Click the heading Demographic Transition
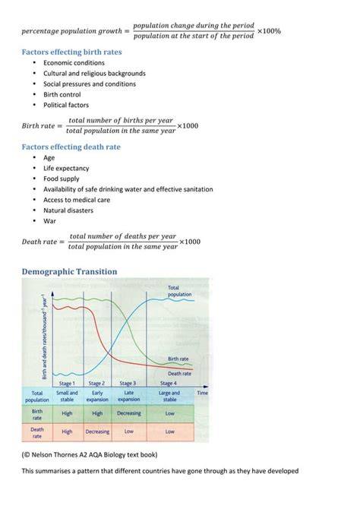click(69, 271)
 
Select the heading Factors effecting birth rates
click(71, 52)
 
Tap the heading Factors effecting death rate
click(71, 147)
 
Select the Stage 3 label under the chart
click(129, 384)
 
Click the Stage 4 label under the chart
click(169, 384)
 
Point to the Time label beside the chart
click(203, 393)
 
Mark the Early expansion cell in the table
click(97, 396)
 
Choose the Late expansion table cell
click(129, 396)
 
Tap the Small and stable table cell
click(68, 396)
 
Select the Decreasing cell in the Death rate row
click(97, 432)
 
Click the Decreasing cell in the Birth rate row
click(129, 413)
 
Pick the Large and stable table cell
click(169, 396)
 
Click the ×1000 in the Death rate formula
click(190, 242)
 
